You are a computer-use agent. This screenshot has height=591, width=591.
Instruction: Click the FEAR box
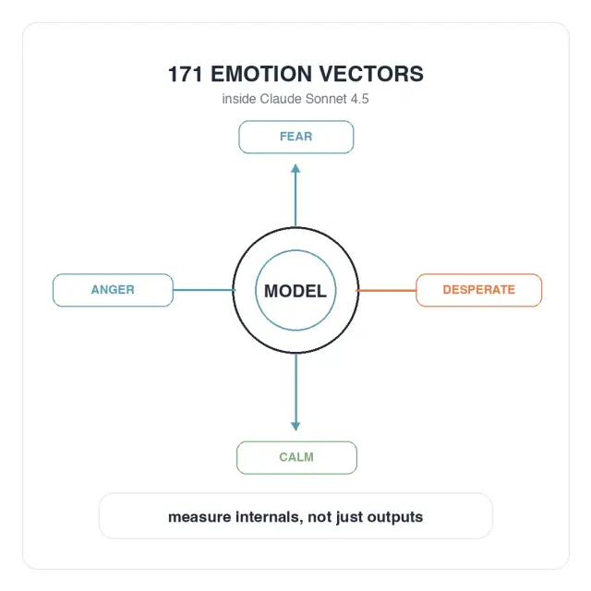295,137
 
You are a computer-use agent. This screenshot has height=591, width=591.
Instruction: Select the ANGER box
113,290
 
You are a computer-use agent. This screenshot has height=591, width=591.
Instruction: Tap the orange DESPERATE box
478,290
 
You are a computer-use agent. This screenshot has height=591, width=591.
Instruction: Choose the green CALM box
296,458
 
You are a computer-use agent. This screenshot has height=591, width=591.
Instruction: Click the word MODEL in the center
295,291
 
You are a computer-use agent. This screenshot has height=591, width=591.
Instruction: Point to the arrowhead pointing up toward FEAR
295,168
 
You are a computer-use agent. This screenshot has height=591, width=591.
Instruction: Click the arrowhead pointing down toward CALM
295,426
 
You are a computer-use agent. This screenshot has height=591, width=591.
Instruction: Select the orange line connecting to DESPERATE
386,290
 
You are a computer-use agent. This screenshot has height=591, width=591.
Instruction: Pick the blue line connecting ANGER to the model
204,290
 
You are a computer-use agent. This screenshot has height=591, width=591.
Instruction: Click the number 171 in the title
185,74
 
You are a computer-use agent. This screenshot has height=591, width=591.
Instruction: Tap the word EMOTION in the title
261,74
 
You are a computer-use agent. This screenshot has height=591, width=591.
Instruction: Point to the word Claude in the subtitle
281,99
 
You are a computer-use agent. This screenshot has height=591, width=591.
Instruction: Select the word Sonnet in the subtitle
326,99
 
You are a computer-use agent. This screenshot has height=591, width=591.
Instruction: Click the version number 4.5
359,99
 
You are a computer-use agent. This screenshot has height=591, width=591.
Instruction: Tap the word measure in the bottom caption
199,517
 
